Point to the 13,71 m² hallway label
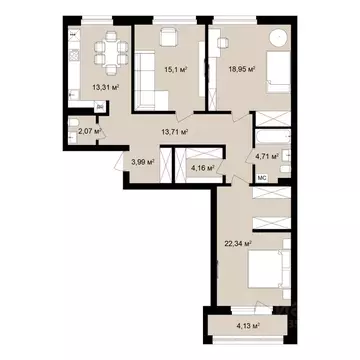pyautogui.click(x=177, y=131)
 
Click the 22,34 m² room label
pyautogui.click(x=236, y=242)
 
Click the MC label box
pyautogui.click(x=262, y=178)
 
